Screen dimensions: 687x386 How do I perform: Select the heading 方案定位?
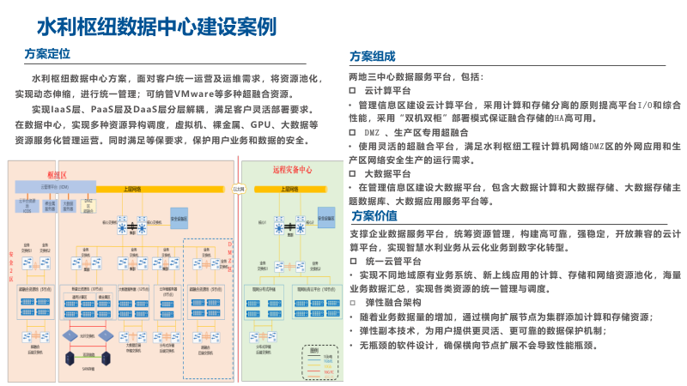(47, 54)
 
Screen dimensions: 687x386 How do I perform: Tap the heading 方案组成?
(373, 57)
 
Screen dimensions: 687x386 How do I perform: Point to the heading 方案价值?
(373, 215)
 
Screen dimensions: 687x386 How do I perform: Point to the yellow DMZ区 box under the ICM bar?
(88, 203)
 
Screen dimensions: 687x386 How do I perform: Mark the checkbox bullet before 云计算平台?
(351, 90)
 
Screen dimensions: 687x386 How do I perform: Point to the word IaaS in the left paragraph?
(65, 109)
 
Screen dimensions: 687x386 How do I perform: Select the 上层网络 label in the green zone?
(293, 185)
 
